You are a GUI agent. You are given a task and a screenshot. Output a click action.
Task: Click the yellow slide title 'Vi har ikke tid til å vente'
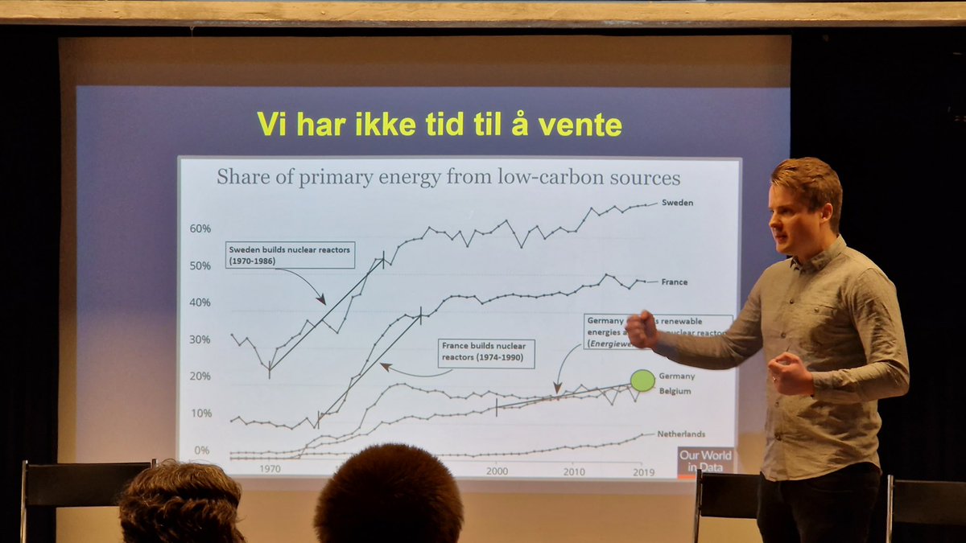coord(439,125)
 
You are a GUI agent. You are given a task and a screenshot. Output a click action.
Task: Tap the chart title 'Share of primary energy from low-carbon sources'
coord(448,178)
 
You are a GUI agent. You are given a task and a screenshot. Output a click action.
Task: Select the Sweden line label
coord(677,203)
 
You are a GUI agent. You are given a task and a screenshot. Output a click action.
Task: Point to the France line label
coord(674,282)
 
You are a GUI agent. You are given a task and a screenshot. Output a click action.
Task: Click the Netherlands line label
coord(681,434)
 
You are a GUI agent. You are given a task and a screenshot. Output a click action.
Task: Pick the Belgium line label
coord(676,391)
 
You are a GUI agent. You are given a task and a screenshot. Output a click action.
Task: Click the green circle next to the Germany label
coord(642,380)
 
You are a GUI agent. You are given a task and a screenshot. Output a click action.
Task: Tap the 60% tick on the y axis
coord(200,228)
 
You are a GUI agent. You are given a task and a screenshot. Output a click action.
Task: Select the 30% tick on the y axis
coord(200,339)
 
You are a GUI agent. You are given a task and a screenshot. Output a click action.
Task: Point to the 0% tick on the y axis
coord(202,450)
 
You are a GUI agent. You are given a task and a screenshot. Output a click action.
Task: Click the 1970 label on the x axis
coord(270,468)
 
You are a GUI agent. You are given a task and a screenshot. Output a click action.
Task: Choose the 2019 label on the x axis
coord(643,471)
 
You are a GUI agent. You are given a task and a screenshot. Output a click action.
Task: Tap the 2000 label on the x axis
coord(497,471)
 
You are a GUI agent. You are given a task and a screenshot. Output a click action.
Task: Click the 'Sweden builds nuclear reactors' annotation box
coord(290,254)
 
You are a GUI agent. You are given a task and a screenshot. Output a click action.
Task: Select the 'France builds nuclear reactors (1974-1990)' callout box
coord(487,354)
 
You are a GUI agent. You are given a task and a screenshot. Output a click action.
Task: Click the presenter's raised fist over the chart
coord(642,330)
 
